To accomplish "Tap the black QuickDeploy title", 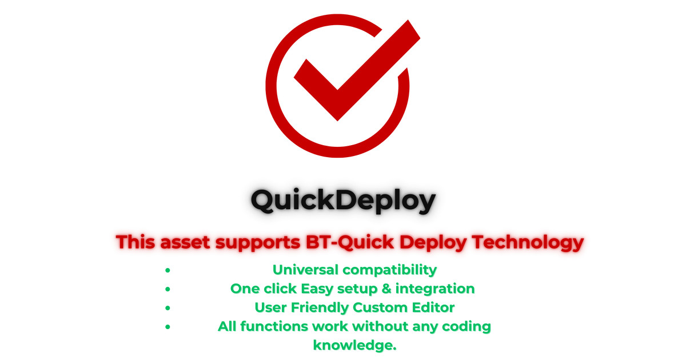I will pyautogui.click(x=343, y=201).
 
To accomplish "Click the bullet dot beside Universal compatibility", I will pyautogui.click(x=167, y=270).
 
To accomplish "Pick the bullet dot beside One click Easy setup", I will pyautogui.click(x=167, y=289).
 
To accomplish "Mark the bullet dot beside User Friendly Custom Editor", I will pyautogui.click(x=167, y=307).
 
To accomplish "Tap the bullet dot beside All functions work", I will pyautogui.click(x=167, y=327).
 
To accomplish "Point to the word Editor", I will pyautogui.click(x=435, y=307).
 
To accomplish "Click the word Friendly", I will pyautogui.click(x=320, y=307).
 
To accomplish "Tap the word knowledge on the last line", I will pyautogui.click(x=354, y=346).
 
